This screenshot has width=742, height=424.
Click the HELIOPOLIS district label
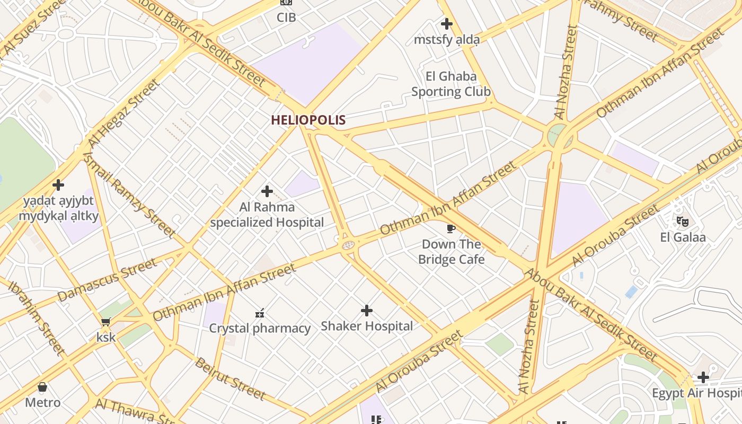(308, 120)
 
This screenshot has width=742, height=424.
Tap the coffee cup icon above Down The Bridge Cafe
(450, 228)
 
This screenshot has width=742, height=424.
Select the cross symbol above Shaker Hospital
(366, 311)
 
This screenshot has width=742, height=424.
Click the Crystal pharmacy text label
(260, 329)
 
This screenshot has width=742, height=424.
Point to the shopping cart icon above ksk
(106, 322)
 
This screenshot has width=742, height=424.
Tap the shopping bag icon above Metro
(42, 387)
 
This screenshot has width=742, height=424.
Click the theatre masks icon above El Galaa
(682, 221)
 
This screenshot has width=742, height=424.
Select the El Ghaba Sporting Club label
(451, 84)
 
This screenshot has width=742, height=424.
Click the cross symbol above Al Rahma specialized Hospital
(267, 191)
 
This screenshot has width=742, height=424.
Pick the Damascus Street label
(108, 280)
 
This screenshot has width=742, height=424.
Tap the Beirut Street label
(230, 379)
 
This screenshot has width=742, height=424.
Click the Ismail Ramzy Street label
(129, 193)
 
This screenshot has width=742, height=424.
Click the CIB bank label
(286, 17)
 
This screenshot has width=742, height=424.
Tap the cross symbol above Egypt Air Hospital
(703, 377)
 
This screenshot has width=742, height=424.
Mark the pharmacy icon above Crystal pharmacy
(260, 313)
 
